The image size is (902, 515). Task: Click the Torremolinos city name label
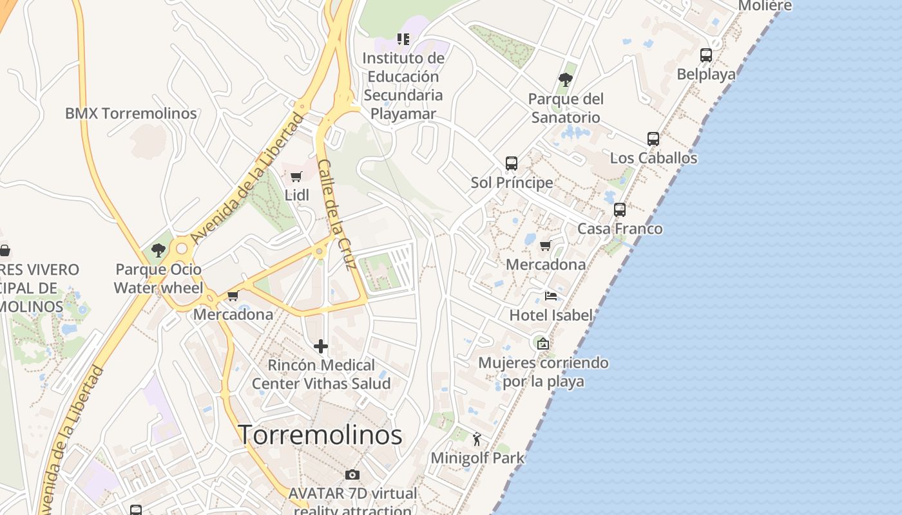tap(320, 435)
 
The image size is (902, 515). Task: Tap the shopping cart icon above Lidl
tap(296, 177)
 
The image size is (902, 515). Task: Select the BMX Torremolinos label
tap(131, 113)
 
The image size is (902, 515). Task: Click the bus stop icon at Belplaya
tap(706, 55)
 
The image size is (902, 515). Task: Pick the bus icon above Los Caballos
tap(653, 138)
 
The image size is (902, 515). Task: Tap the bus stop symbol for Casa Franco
tap(620, 209)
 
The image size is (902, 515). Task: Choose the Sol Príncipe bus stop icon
tap(512, 163)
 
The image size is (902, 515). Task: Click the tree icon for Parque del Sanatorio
tap(566, 80)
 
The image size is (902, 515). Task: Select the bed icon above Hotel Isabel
tap(551, 296)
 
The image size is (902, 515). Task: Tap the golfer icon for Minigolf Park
tap(477, 439)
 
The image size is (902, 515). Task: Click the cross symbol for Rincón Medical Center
tap(321, 346)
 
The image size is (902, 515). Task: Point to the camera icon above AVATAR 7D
tap(352, 474)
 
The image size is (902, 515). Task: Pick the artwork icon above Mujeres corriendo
tap(543, 344)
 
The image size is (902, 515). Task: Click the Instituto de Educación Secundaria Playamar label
tap(403, 86)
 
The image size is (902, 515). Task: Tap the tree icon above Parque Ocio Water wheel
tap(158, 250)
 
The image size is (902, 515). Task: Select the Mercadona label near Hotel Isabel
tap(546, 264)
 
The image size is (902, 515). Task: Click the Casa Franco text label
tap(620, 229)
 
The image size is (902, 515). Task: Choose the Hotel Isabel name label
tap(551, 315)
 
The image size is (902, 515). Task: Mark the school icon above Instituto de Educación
tap(403, 39)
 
